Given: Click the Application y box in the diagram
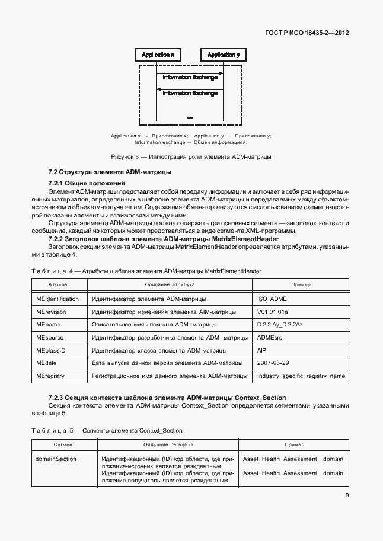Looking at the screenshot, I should pyautogui.click(x=224, y=55).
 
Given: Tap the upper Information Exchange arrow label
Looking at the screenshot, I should pyautogui.click(x=190, y=77).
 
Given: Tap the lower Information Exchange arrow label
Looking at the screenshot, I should pyautogui.click(x=190, y=93).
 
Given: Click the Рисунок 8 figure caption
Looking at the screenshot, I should pyautogui.click(x=191, y=157).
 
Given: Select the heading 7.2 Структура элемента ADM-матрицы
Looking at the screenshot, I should pyautogui.click(x=110, y=172).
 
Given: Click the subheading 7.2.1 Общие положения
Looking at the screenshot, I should pyautogui.click(x=87, y=183).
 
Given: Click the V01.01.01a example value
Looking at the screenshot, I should pyautogui.click(x=272, y=312).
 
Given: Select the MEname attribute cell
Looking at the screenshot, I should pyautogui.click(x=48, y=325).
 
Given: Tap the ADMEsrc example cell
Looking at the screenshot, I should pyautogui.click(x=270, y=338).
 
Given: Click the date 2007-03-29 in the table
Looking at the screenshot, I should pyautogui.click(x=273, y=363).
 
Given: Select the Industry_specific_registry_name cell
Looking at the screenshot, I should pyautogui.click(x=301, y=376).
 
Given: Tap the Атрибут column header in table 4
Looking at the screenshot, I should pyautogui.click(x=59, y=285).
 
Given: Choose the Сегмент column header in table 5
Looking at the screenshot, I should pyautogui.click(x=63, y=444).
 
